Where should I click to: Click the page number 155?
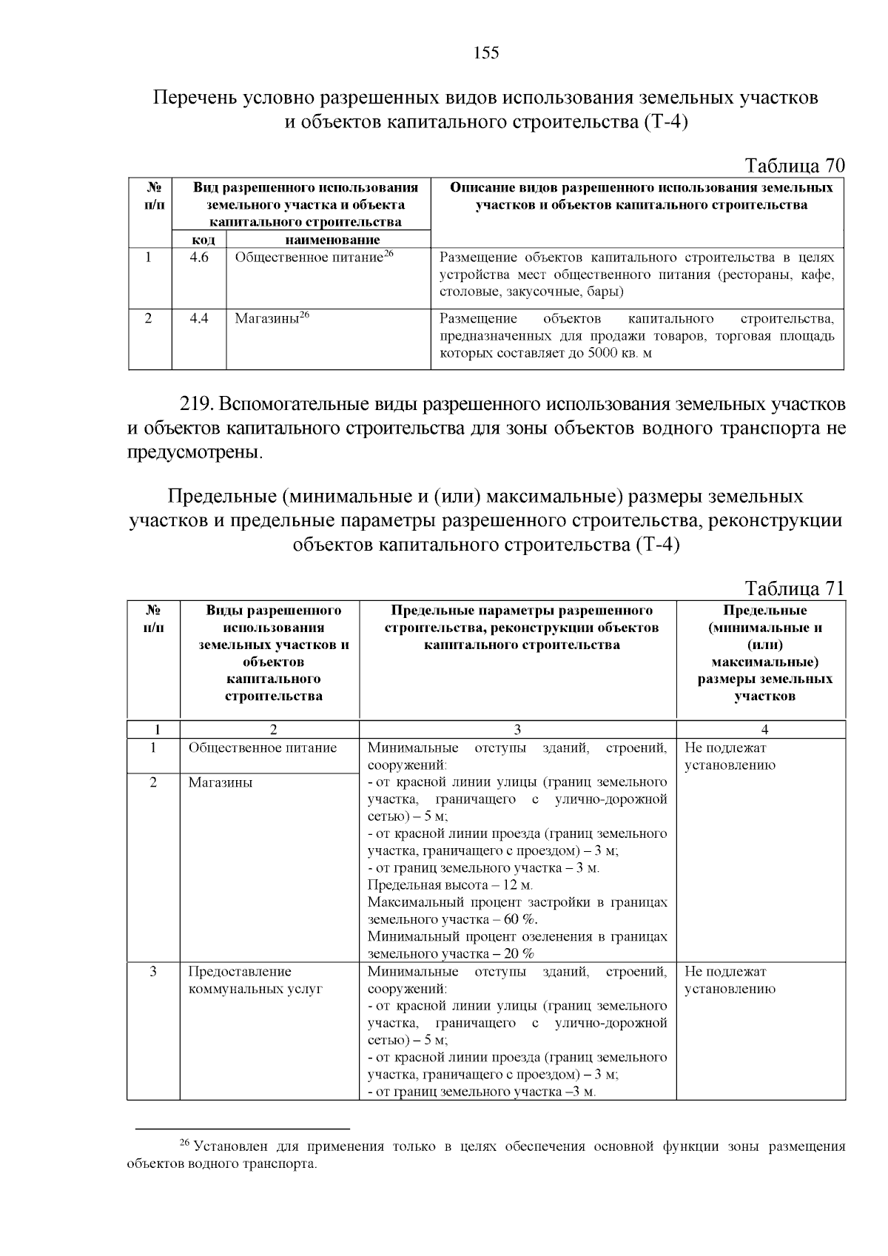click(485, 53)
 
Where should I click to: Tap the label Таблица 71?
click(794, 588)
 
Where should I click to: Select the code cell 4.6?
click(199, 258)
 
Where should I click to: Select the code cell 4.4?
click(199, 319)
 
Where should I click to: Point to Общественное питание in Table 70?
click(309, 258)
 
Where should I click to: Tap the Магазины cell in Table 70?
click(266, 319)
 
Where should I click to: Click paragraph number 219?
click(197, 405)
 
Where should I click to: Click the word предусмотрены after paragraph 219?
click(195, 452)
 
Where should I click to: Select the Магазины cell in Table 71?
click(220, 782)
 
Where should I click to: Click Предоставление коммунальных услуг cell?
click(255, 980)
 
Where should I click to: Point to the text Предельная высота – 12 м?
click(450, 885)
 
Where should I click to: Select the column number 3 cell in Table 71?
click(517, 729)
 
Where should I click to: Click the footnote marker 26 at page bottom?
click(186, 1144)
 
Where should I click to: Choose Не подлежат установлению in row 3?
click(730, 980)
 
